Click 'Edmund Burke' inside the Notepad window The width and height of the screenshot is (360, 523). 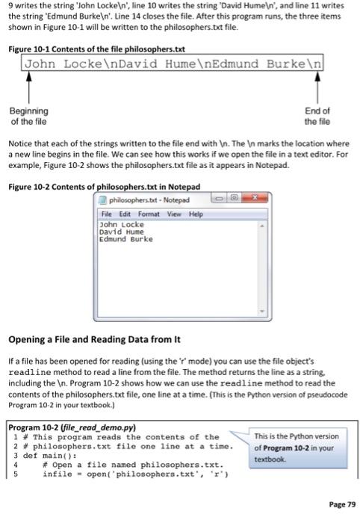(125, 239)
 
